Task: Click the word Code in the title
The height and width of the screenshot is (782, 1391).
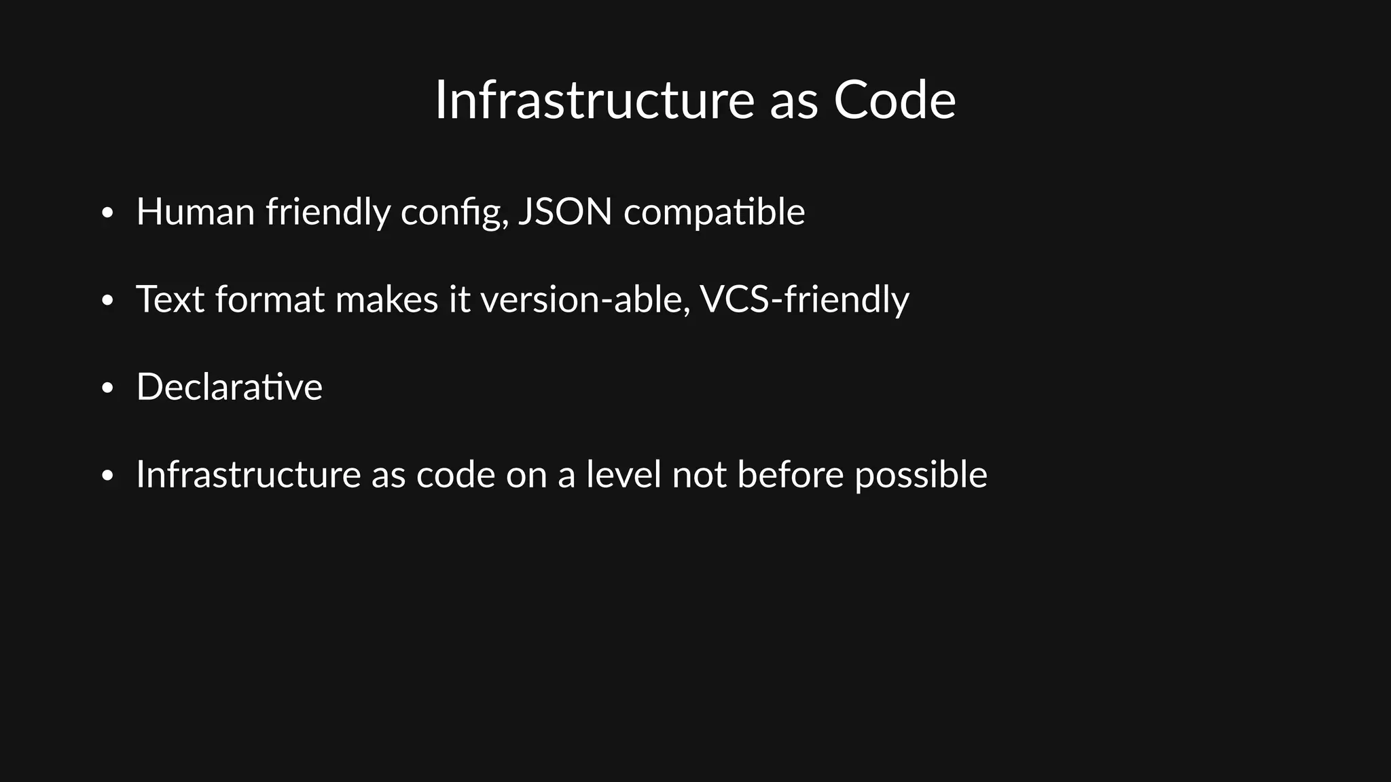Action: (x=895, y=100)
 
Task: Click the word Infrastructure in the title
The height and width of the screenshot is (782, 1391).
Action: (x=594, y=100)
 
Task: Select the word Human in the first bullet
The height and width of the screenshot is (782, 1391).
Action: (x=195, y=212)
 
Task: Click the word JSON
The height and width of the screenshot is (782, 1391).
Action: (x=565, y=212)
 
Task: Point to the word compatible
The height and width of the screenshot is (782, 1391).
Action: (x=714, y=213)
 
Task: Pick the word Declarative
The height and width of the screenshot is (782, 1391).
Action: (x=229, y=387)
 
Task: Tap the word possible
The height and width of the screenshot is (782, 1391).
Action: (x=920, y=475)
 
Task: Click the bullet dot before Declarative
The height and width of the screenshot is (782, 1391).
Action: (x=107, y=389)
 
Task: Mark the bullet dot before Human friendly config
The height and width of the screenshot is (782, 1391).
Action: (x=107, y=214)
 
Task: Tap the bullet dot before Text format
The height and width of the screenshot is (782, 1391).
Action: (x=107, y=301)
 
